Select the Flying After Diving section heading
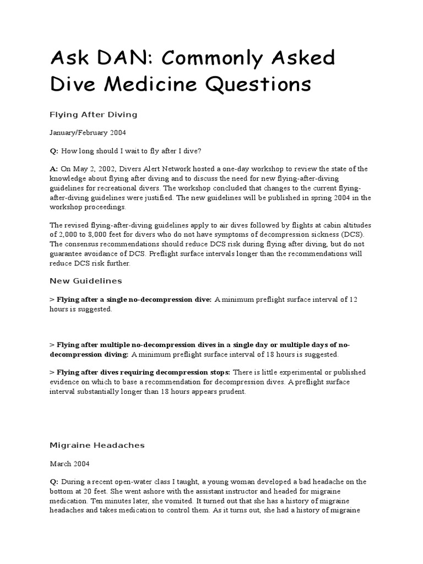tap(93, 115)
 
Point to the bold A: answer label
tap(54, 169)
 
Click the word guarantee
tap(67, 254)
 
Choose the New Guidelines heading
tap(86, 281)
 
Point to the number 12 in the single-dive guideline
tap(354, 299)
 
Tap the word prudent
tap(234, 392)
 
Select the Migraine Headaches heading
tap(97, 444)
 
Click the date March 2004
tap(69, 463)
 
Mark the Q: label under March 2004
tap(54, 481)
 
